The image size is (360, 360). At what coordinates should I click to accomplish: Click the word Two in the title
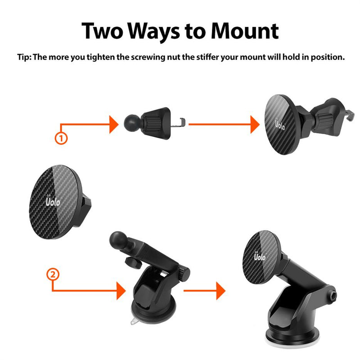(x=103, y=31)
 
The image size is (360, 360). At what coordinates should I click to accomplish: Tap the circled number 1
(x=61, y=138)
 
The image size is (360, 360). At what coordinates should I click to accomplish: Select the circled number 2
(x=53, y=274)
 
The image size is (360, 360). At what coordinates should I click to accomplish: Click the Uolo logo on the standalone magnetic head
(x=53, y=200)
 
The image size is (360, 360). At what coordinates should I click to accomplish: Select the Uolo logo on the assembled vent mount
(x=279, y=123)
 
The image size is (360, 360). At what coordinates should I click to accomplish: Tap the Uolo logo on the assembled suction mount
(x=259, y=258)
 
